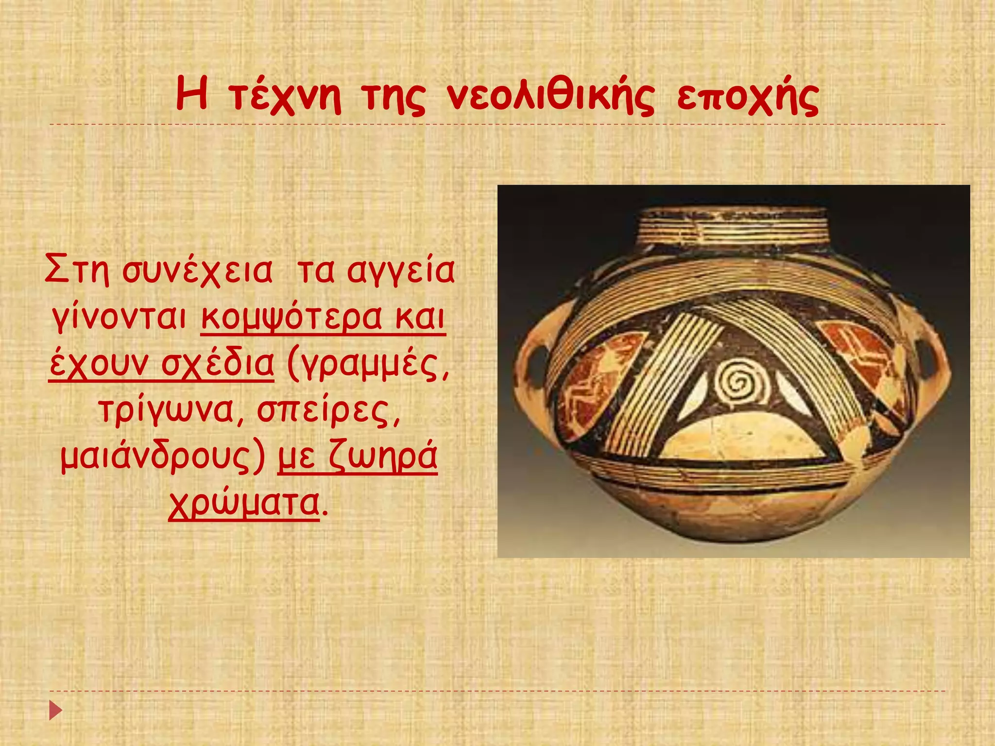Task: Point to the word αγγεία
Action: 401,272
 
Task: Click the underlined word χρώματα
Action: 244,503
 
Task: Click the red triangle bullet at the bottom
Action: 56,711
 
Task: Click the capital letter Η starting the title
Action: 192,95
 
